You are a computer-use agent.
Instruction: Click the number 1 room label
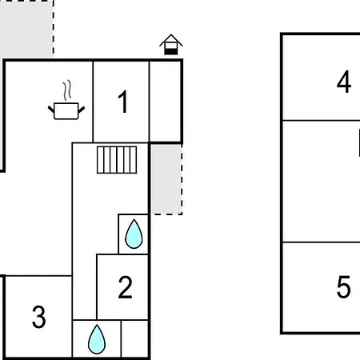click(x=123, y=102)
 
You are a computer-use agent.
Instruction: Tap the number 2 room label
click(x=125, y=287)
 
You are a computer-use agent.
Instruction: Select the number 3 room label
click(x=39, y=317)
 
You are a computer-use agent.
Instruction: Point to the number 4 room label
click(x=344, y=82)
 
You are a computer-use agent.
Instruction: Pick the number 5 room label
click(x=343, y=287)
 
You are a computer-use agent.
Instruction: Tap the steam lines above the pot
click(x=67, y=90)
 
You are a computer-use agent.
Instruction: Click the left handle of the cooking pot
click(x=51, y=110)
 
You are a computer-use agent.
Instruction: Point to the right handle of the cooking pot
click(x=82, y=110)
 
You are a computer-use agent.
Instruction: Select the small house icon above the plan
click(x=171, y=45)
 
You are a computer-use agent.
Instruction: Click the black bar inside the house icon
click(x=171, y=52)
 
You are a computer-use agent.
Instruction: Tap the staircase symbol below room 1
click(x=117, y=160)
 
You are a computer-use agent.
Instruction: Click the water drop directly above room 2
click(x=134, y=234)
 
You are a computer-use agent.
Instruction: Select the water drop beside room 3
click(x=97, y=339)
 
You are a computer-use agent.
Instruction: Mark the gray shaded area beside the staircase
click(x=166, y=179)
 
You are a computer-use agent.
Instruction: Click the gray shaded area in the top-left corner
click(x=26, y=29)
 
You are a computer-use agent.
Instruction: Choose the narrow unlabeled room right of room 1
click(x=165, y=102)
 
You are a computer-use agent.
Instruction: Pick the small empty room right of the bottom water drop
click(x=134, y=338)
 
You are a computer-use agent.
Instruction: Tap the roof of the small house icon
click(x=171, y=40)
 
